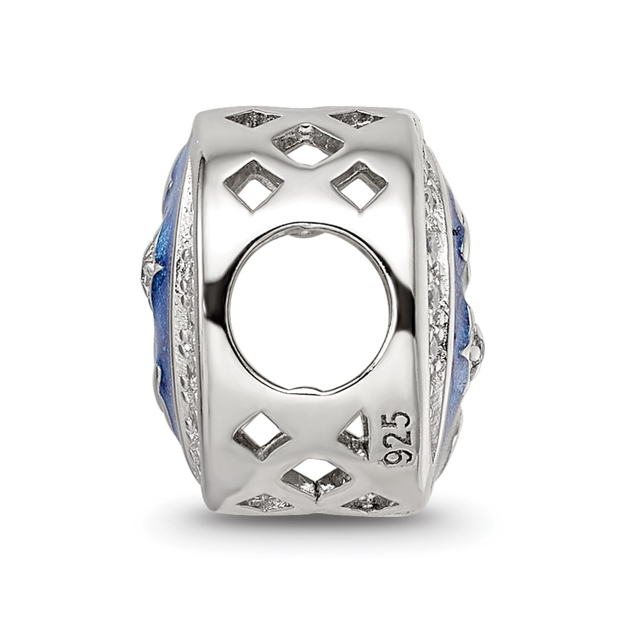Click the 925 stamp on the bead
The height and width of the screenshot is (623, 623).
pos(396,438)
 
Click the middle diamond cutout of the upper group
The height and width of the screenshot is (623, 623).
pos(308,145)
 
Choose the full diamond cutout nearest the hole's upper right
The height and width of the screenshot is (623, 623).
pos(359,186)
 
